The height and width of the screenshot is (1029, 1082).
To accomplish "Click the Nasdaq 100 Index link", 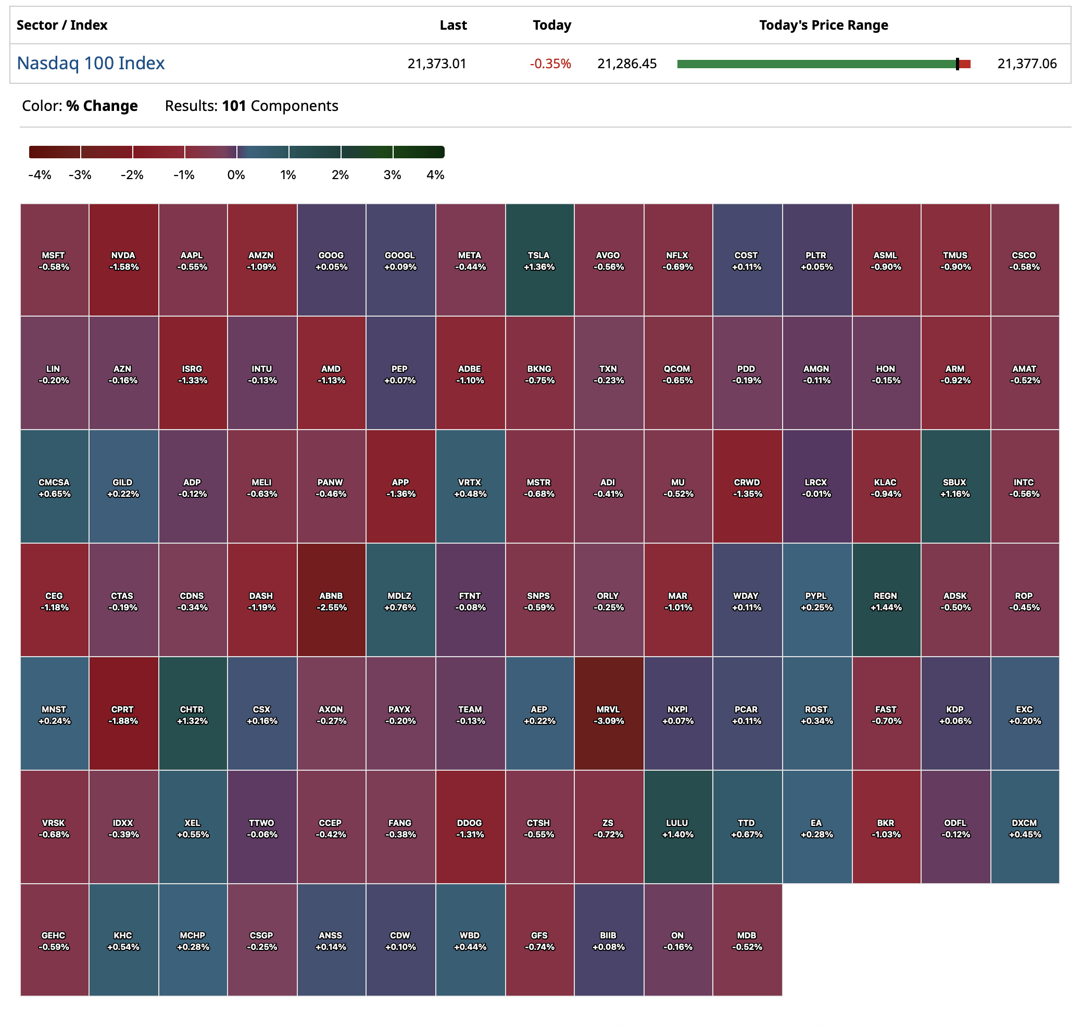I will [91, 63].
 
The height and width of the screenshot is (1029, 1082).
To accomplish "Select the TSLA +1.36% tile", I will [539, 260].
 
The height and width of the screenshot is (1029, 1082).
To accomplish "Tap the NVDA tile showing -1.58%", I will [123, 260].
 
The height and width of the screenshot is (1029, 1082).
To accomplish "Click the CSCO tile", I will [1024, 260].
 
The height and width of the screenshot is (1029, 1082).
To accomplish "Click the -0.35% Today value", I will [550, 64].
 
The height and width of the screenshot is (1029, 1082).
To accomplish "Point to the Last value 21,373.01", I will [436, 64].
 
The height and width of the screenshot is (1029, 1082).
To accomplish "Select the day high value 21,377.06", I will [1027, 64].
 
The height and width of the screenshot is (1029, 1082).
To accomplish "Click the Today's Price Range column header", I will [823, 25].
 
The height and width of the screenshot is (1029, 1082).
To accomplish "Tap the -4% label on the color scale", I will [40, 175].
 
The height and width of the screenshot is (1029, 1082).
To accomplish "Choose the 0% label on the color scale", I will [236, 175].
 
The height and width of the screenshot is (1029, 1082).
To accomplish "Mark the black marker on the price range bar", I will [957, 64].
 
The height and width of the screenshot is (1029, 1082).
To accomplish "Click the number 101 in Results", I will [234, 106].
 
